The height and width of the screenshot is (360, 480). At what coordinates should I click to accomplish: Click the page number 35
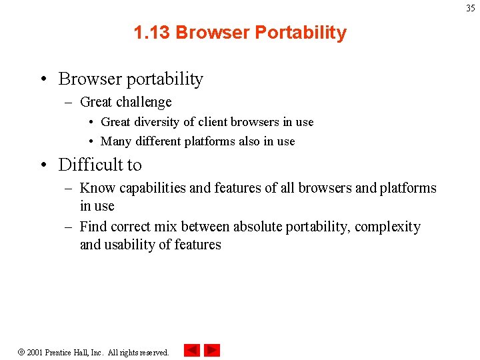(470, 8)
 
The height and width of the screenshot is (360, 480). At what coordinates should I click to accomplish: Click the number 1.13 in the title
(152, 33)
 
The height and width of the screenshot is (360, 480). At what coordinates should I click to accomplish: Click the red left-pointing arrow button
(191, 350)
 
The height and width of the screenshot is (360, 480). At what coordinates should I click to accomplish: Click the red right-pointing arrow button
(212, 350)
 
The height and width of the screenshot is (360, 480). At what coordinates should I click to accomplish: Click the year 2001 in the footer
(35, 352)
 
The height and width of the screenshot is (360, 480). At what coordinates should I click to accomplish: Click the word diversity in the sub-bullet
(155, 122)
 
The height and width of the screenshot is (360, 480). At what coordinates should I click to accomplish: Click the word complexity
(387, 227)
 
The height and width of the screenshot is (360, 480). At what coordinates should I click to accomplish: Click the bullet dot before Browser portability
(42, 79)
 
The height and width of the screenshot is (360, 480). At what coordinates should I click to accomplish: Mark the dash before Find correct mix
(68, 227)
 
